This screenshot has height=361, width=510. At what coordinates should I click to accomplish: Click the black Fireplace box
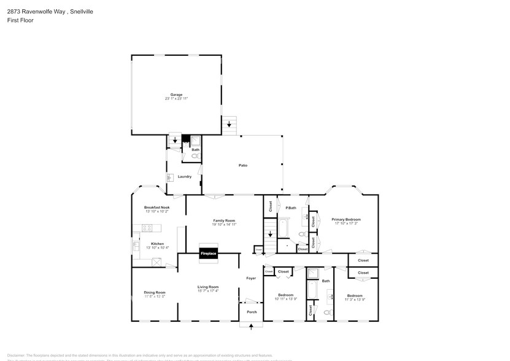[208, 253]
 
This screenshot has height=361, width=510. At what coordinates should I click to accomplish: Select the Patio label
[243, 165]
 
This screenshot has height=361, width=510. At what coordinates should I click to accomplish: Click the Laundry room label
[185, 177]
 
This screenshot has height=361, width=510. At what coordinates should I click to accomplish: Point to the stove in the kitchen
[147, 228]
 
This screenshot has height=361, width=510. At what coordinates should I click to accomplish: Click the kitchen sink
[136, 247]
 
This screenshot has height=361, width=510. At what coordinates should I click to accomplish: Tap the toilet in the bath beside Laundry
[196, 157]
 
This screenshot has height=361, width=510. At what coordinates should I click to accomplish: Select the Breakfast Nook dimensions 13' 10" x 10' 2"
[156, 211]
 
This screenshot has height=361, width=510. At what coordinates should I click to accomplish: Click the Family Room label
[224, 220]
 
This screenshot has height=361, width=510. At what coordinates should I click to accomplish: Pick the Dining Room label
[155, 292]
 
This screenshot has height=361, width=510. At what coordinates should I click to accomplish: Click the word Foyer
[251, 278]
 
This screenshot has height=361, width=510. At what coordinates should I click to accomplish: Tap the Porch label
[252, 312]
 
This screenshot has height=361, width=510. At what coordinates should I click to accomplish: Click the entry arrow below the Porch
[251, 325]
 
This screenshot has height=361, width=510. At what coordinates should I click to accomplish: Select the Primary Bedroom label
[346, 219]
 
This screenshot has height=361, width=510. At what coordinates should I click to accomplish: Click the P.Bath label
[291, 208]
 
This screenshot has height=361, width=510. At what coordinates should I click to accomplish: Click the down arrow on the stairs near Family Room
[271, 235]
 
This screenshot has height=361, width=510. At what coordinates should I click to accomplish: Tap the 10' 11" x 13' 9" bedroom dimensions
[285, 299]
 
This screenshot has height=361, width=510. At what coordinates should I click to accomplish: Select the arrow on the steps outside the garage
[230, 125]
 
